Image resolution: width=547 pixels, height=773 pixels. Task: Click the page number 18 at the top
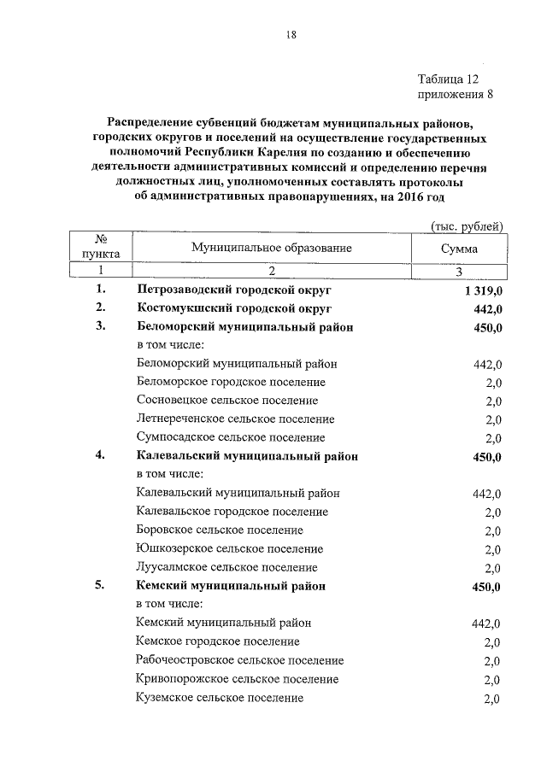click(x=291, y=35)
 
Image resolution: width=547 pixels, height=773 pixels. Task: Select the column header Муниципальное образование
click(x=272, y=248)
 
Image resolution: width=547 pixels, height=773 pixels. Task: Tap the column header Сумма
click(x=459, y=249)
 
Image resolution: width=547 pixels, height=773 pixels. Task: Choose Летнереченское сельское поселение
click(x=235, y=419)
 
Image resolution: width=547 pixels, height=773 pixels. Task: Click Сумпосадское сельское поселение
click(x=231, y=437)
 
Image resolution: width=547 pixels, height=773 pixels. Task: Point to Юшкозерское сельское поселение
click(x=229, y=548)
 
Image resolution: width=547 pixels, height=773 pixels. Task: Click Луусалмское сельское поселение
click(x=226, y=567)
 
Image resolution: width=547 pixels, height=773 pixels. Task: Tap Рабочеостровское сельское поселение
click(x=239, y=660)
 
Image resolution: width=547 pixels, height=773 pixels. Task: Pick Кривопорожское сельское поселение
click(x=237, y=679)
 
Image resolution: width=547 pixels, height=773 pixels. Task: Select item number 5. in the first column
click(x=100, y=587)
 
